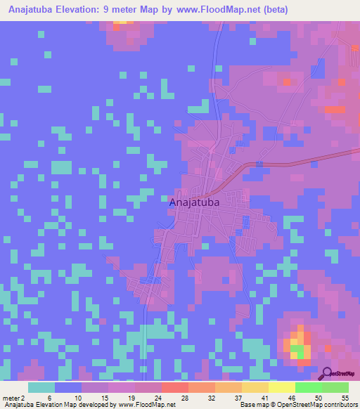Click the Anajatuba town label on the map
195,202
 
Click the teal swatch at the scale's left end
41,387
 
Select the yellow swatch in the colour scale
281,387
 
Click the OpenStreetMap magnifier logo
328,375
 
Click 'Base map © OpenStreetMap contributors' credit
298,405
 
